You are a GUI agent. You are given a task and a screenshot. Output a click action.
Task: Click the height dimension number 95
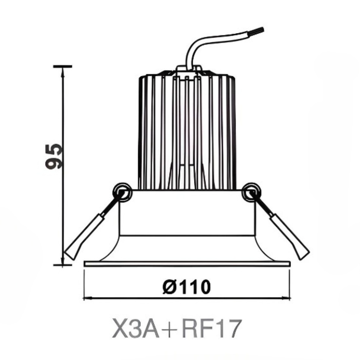pos(54,156)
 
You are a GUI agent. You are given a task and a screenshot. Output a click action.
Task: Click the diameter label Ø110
pos(187,287)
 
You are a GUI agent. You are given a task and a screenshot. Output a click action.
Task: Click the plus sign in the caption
pos(172,330)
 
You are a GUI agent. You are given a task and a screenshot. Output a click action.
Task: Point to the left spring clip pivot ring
pos(121,192)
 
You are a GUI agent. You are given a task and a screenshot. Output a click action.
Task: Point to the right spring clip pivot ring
pos(251,192)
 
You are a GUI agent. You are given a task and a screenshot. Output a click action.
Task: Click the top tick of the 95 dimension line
pos(63,66)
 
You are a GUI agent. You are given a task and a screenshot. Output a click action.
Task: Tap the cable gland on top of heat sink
pos(188,68)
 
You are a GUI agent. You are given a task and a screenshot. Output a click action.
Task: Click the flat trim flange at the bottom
pos(187,263)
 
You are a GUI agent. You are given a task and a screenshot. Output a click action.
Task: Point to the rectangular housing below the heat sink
pos(187,213)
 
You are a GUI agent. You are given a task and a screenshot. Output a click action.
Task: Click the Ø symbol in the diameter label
pos(170,287)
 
